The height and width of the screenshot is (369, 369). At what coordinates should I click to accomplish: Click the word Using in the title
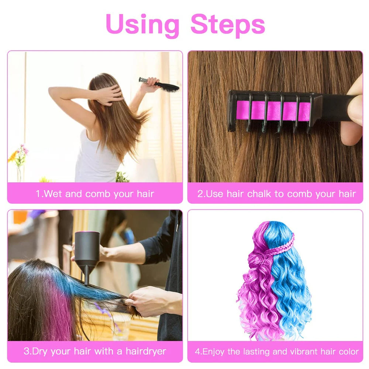(142, 24)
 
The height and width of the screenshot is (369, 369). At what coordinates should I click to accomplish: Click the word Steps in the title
(228, 24)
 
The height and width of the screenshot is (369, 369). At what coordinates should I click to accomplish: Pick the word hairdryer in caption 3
(146, 351)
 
